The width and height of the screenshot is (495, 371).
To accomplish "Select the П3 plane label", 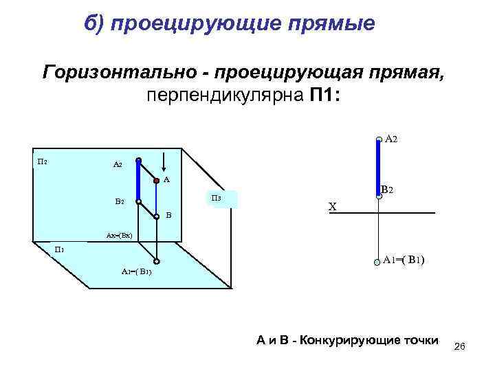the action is tap(215, 199).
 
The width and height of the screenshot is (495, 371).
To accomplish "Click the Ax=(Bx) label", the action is tap(123, 236).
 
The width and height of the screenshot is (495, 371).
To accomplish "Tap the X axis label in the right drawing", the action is tap(332, 207).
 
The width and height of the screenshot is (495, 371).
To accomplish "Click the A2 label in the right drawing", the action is tap(390, 139).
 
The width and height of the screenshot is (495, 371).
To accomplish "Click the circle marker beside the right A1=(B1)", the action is tap(377, 262).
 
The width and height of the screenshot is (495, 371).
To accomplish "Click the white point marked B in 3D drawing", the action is tap(157, 216).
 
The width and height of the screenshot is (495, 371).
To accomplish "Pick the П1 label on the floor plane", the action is tap(60, 249).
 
